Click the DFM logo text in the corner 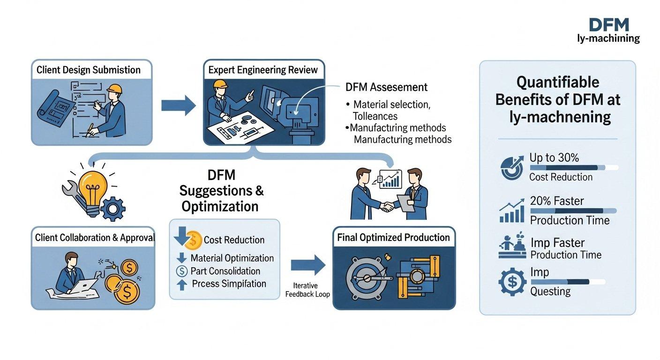pos(608,25)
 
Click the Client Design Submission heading pos(89,70)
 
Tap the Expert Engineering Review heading pos(263,70)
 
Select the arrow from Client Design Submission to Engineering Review pos(178,105)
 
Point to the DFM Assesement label pos(386,87)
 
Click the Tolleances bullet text pos(375,116)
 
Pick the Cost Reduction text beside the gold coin pos(234,240)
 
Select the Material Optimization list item pos(232,258)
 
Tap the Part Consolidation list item pos(225,271)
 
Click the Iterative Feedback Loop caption pos(307,290)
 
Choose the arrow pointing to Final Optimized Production pos(308,265)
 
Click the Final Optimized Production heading pos(393,238)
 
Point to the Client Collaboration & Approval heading pos(94,238)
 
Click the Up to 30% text pos(554,158)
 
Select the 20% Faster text pos(557,201)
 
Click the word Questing pos(550,291)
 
